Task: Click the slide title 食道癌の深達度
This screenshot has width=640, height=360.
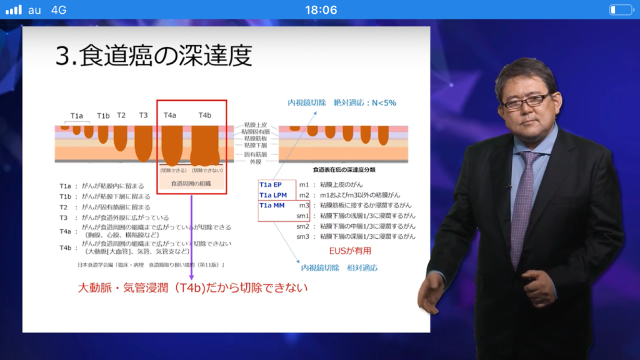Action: pos(154,56)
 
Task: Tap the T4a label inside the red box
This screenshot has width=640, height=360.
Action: pos(170,116)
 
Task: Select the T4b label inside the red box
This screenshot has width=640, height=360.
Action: pos(205,116)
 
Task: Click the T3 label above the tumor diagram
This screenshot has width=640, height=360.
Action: pos(143,116)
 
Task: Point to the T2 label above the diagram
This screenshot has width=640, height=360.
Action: pos(121,116)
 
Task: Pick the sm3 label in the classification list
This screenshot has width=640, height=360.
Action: pos(303,236)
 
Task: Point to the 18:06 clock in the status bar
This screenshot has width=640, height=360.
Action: pos(321,9)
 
